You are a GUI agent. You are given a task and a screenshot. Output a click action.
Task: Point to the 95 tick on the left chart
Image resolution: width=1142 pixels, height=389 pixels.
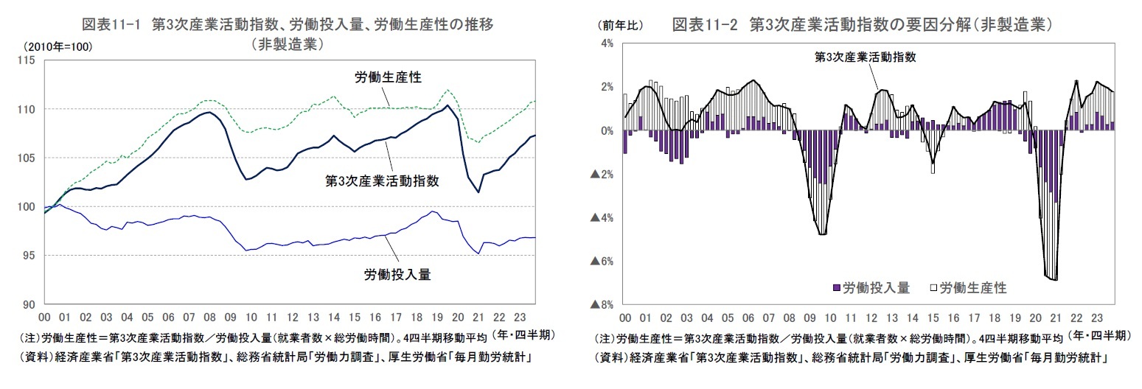[x=29, y=256]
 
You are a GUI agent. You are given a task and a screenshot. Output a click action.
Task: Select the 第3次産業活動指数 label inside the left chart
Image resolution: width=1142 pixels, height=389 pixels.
[x=383, y=181]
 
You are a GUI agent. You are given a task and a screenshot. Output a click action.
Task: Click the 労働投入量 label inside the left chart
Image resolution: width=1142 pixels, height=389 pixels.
[x=397, y=275]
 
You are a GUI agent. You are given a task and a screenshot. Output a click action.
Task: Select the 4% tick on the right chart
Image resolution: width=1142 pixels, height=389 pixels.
[x=608, y=43]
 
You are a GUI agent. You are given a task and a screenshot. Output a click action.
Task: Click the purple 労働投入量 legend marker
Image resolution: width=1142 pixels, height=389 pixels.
[x=835, y=287]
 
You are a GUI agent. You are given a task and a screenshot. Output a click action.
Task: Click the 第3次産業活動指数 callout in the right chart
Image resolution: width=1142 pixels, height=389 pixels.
[x=865, y=57]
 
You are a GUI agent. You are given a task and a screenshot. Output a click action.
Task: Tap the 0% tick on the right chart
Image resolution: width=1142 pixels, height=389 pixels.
[x=608, y=131]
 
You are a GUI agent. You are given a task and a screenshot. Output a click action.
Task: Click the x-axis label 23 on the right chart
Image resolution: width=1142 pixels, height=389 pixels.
[x=1097, y=318]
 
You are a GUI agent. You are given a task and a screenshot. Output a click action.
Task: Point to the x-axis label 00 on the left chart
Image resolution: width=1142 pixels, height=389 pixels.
[x=43, y=318]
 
